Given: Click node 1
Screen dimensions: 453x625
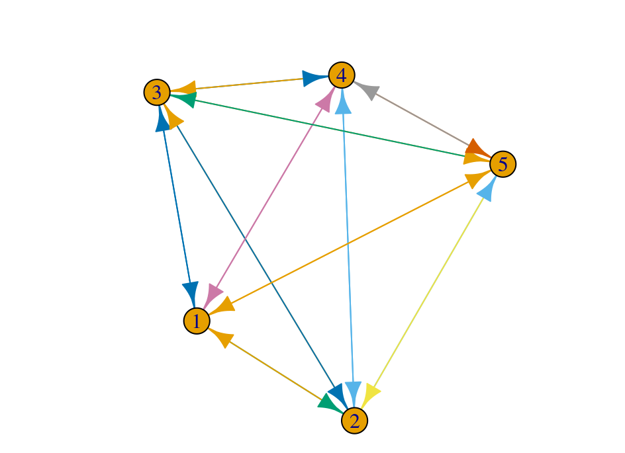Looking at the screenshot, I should pos(196,321).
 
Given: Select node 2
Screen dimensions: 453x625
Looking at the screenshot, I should pos(354,421).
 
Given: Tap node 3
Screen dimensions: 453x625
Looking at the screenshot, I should pos(157,93).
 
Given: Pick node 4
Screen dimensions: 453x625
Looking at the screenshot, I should pos(341,75).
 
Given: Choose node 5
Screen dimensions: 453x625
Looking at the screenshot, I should pos(503,164).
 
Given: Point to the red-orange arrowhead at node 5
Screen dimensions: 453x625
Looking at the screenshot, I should pos(477,146).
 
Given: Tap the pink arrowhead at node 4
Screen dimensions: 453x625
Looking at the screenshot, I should pos(324,101).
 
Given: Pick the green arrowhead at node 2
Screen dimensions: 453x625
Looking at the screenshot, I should pos(329,402).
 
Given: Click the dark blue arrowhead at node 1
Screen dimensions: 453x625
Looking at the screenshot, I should pos(191,292).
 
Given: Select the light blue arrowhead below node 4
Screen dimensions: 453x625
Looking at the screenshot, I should pos(343,103).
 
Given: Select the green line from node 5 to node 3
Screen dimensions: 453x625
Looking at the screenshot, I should pos(331,129).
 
